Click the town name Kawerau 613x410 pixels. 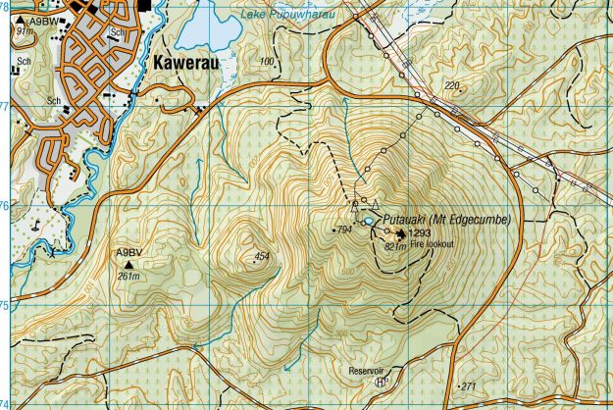pyautogui.click(x=192, y=62)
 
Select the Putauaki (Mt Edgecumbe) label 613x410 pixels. pyautogui.click(x=446, y=220)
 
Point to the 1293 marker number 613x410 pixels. pyautogui.click(x=420, y=234)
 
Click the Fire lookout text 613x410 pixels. pyautogui.click(x=432, y=244)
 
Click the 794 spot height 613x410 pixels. pyautogui.click(x=343, y=230)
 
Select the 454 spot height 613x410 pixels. pyautogui.click(x=261, y=257)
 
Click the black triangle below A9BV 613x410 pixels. pyautogui.click(x=128, y=264)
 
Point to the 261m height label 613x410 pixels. pyautogui.click(x=129, y=277)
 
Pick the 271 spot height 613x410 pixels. pyautogui.click(x=468, y=385)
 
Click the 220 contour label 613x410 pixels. pyautogui.click(x=451, y=87)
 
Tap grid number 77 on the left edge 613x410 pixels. pyautogui.click(x=5, y=106)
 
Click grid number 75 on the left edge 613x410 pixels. pyautogui.click(x=5, y=305)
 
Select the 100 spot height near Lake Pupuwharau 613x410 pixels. pyautogui.click(x=267, y=62)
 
